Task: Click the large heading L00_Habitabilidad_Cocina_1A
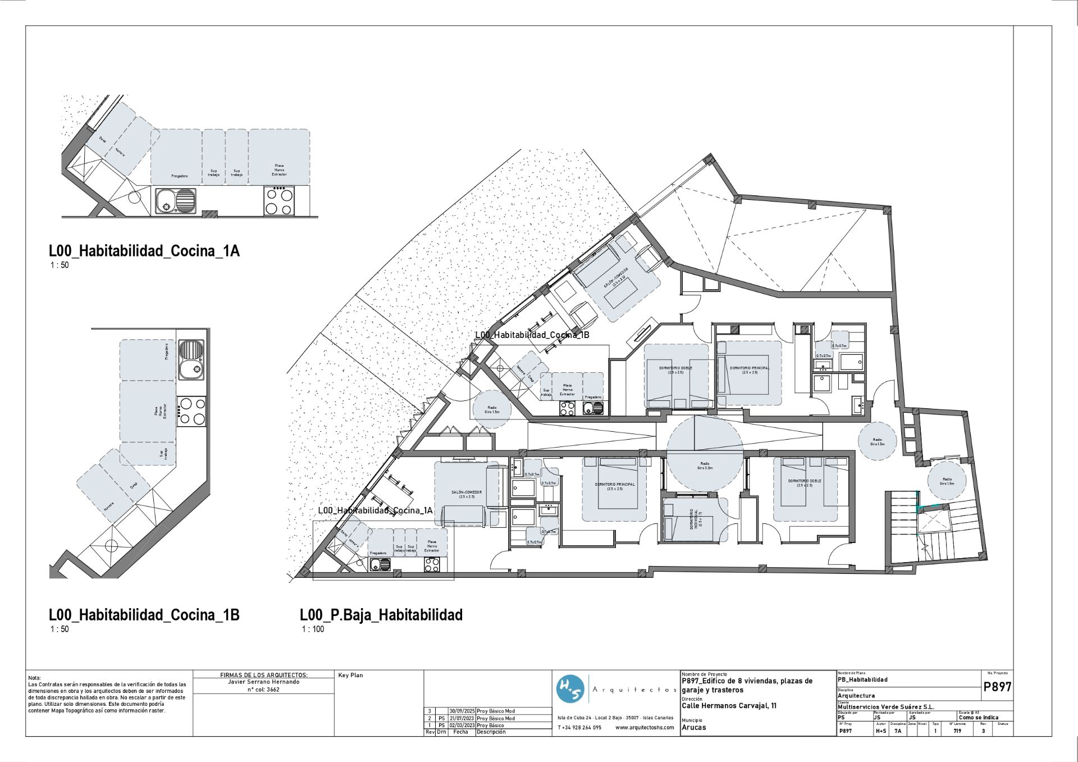pos(144,251)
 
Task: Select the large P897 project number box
pos(997,687)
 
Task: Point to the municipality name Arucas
pos(693,728)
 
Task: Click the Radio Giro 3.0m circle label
pos(704,466)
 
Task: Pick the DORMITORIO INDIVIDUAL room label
pos(694,519)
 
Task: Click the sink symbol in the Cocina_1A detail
pos(175,201)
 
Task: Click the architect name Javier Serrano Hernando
pos(263,682)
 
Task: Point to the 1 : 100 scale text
pos(313,629)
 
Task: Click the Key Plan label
pos(350,676)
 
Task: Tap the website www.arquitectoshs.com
pos(644,728)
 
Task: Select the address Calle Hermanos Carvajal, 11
pos(729,706)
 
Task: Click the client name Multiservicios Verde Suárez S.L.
pos(885,707)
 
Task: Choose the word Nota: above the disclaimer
pos(34,678)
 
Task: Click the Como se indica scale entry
pos(978,718)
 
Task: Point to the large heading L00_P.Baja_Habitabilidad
pos(381,615)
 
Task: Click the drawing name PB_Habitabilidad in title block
pos(862,679)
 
